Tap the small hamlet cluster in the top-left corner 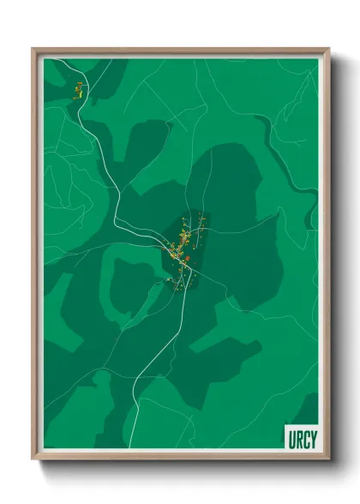(x=78, y=88)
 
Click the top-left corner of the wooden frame (x=33, y=49)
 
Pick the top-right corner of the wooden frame (x=327, y=49)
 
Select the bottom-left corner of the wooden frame (x=33, y=459)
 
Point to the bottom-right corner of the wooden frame (x=327, y=459)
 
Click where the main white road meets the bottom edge (x=130, y=448)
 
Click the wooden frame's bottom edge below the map (x=180, y=456)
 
